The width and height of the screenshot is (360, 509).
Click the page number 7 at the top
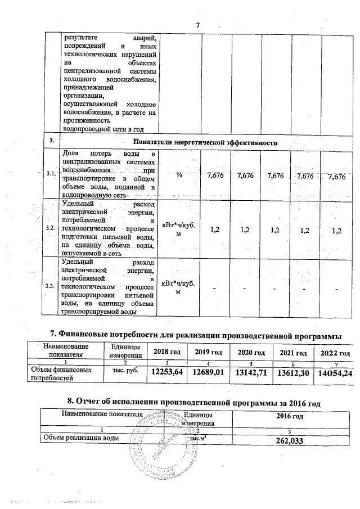tap(198, 24)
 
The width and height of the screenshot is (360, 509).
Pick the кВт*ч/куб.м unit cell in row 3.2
tap(178, 229)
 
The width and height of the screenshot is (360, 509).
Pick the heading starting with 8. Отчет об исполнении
tap(193, 402)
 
